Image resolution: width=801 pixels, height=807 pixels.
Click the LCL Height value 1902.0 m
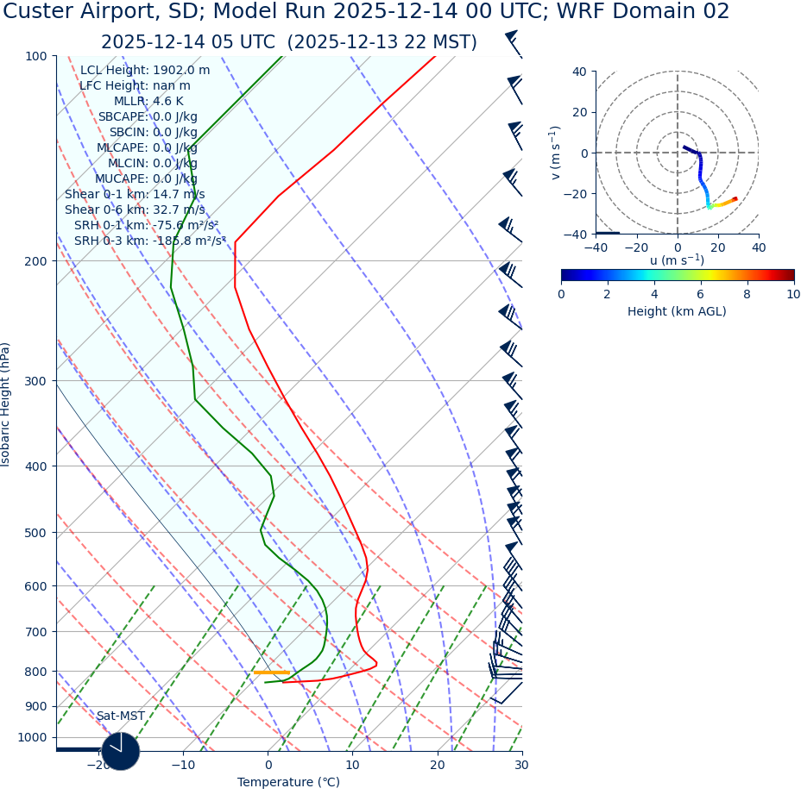tap(180, 71)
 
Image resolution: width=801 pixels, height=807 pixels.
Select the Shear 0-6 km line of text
tap(135, 210)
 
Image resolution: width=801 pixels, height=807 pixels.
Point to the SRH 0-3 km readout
tap(149, 241)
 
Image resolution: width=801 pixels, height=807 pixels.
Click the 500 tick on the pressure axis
tap(35, 533)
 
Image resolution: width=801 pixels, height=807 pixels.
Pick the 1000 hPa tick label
tap(32, 737)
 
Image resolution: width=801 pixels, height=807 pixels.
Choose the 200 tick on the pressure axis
tap(35, 260)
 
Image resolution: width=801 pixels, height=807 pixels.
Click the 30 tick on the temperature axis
tap(521, 765)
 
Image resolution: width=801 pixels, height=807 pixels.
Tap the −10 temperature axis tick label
tap(182, 765)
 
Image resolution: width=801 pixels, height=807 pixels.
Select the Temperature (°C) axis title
tap(288, 782)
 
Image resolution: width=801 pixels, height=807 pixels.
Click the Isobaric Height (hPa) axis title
tap(6, 404)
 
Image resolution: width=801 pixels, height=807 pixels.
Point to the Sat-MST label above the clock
tap(120, 716)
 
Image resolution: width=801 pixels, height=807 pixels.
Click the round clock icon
tap(120, 751)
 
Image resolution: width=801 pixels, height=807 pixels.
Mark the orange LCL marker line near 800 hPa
tap(271, 672)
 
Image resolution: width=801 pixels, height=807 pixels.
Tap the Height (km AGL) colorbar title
tap(677, 311)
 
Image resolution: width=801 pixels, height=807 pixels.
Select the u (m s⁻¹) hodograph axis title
tap(677, 260)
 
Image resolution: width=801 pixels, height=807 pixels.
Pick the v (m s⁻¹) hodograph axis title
tap(555, 153)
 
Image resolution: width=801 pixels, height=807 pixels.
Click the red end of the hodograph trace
tap(735, 199)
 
